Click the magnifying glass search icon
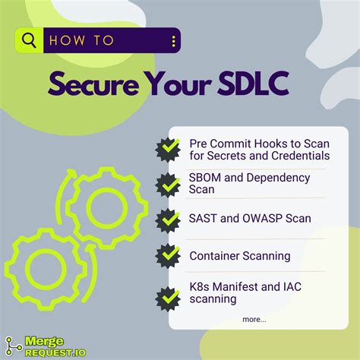pos(30,41)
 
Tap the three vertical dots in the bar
pos(173,41)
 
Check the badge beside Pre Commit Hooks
pos(168,149)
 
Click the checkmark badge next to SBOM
pos(168,184)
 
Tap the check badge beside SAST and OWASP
pos(168,219)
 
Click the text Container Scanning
pos(240,256)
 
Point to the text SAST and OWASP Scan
pos(250,219)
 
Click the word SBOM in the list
pos(205,177)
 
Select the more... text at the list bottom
pos(254,320)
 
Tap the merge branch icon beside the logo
pos(11,346)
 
